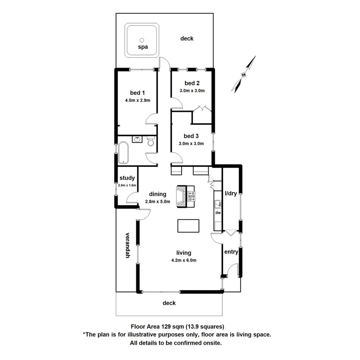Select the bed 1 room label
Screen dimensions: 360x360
(x=137, y=93)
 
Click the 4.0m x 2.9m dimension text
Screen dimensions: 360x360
(x=137, y=100)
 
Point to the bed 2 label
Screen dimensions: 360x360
(x=192, y=83)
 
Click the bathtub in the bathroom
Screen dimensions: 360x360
(x=124, y=152)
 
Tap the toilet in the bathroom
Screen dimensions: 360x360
(x=151, y=143)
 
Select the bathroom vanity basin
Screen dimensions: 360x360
(x=137, y=139)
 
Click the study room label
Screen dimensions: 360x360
(x=127, y=178)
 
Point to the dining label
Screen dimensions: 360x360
(x=158, y=194)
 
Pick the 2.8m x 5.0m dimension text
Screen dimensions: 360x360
(x=158, y=201)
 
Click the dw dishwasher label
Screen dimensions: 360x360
(x=218, y=213)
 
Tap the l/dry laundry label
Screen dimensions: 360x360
(x=231, y=194)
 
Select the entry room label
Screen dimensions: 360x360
(x=231, y=252)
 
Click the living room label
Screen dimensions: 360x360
(x=184, y=253)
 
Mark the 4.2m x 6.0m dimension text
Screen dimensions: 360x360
(x=184, y=260)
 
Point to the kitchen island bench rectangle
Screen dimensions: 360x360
(x=188, y=226)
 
